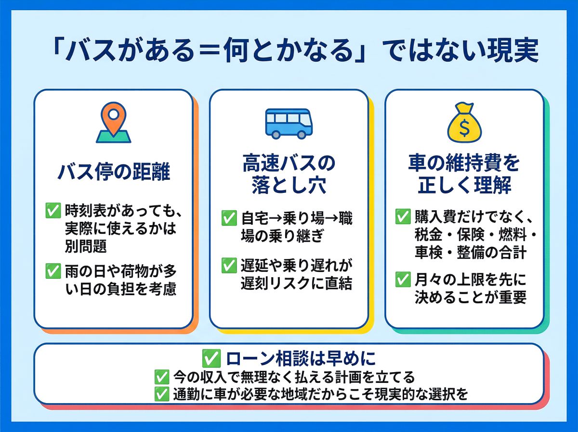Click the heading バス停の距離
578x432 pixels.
(114, 172)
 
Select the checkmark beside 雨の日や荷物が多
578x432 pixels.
(52, 272)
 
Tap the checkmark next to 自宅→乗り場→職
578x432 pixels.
(228, 218)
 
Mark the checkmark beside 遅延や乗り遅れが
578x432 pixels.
(228, 265)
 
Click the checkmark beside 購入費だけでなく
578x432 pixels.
(402, 217)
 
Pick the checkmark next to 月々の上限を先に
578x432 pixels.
(402, 280)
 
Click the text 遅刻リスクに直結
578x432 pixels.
(296, 283)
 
